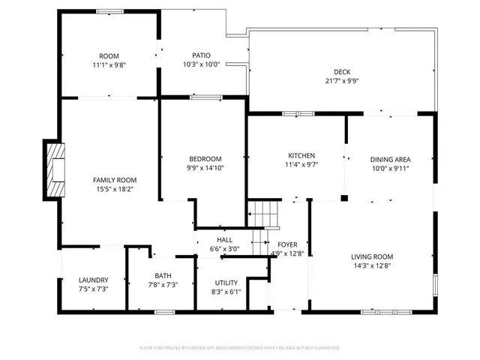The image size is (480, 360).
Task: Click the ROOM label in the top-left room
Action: [x=109, y=56]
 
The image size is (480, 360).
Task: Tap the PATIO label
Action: [x=201, y=55]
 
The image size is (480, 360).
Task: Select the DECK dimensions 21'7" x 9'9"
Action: [x=342, y=81]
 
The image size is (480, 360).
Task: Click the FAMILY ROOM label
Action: [x=115, y=180]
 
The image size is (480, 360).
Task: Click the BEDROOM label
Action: [x=205, y=158]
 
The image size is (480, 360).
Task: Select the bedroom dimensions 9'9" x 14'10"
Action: [x=205, y=168]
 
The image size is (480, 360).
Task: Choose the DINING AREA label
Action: [x=391, y=159]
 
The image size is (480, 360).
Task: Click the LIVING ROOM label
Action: [x=373, y=256]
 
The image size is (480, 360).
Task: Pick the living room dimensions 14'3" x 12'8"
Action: [x=373, y=265]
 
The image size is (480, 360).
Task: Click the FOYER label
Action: [x=288, y=244]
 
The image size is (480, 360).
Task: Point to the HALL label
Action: [x=223, y=239]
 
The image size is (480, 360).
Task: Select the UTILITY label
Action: [x=226, y=283]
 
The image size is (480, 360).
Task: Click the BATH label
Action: [x=163, y=276]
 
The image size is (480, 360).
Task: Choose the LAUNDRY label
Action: [x=94, y=280]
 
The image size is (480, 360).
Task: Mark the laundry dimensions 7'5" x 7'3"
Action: [x=94, y=289]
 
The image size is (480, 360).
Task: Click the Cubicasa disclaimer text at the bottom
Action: [x=240, y=348]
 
